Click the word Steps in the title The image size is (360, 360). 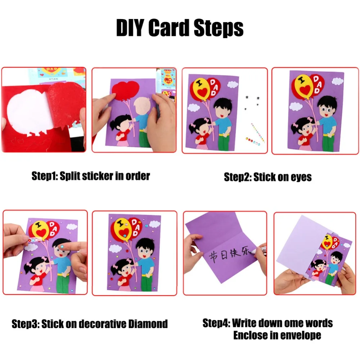(x=219, y=28)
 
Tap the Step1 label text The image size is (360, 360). (x=44, y=176)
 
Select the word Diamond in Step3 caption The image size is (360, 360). (x=148, y=324)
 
